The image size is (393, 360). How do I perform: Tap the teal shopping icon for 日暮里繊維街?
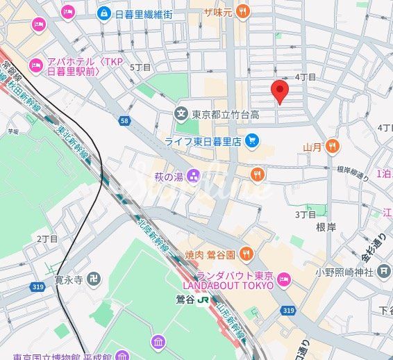point(103,13)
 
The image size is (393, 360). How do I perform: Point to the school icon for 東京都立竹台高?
point(181,113)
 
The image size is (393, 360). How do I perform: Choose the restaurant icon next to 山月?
point(333,146)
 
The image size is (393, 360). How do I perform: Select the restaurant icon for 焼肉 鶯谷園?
point(247,255)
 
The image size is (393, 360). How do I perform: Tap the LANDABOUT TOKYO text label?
point(227,285)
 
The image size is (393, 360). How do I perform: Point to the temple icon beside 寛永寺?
point(94,280)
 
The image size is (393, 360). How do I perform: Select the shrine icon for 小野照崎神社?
point(385,271)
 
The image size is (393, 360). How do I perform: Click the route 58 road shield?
point(124,121)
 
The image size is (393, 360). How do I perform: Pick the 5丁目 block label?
point(141,67)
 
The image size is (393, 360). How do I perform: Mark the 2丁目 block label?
point(47,238)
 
